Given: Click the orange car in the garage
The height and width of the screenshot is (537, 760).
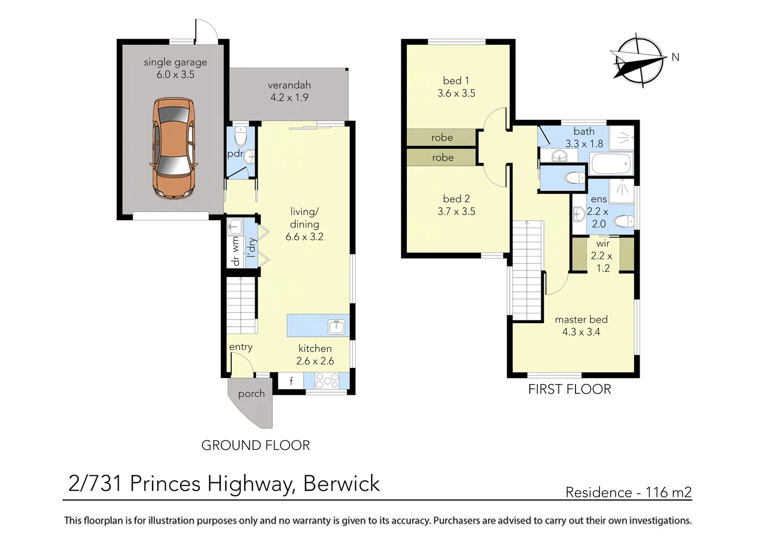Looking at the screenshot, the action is click(x=174, y=149).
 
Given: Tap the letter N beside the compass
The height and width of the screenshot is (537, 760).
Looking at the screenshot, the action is click(x=675, y=57).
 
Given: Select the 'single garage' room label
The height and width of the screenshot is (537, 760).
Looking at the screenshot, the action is click(x=176, y=63).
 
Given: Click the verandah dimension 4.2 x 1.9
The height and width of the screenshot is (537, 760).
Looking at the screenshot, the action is click(x=289, y=97).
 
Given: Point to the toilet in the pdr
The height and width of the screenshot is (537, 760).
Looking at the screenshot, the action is click(x=241, y=136).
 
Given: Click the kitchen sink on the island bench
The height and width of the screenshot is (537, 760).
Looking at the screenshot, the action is click(x=336, y=327).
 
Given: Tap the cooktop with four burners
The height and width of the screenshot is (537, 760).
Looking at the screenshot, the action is click(x=327, y=380).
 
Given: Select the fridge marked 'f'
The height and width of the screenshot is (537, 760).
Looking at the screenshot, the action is click(x=291, y=380).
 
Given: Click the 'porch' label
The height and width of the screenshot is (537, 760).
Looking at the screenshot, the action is click(x=251, y=394).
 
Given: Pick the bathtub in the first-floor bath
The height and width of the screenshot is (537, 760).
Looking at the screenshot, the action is click(x=611, y=164).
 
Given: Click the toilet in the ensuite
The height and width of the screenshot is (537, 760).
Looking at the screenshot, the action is click(x=624, y=222).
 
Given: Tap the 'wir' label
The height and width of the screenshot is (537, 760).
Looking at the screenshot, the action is click(x=602, y=244).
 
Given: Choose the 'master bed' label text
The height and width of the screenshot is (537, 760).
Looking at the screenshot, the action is click(x=581, y=320).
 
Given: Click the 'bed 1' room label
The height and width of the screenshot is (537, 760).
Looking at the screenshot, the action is click(x=456, y=81).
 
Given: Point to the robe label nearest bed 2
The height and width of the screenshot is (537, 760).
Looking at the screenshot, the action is click(x=443, y=158).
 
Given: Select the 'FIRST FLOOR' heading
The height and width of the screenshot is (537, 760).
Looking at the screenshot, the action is click(x=570, y=389).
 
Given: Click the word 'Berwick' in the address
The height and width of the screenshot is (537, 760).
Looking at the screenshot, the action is click(x=341, y=483).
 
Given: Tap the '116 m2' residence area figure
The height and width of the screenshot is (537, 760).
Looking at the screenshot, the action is click(x=668, y=492).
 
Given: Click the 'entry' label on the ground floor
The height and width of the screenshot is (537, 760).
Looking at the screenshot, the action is click(x=241, y=347).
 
